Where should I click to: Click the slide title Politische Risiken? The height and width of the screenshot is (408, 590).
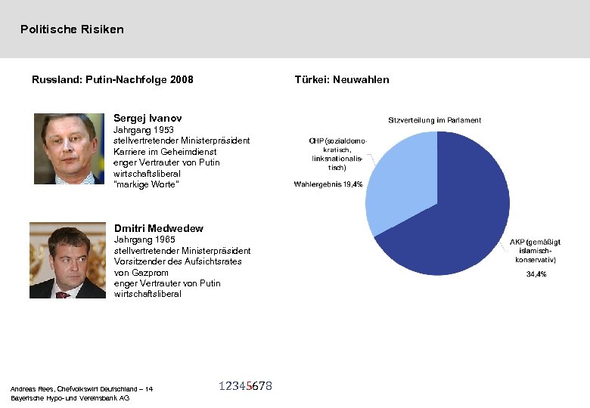tap(72, 29)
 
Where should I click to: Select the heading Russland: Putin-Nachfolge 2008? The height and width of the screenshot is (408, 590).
tap(112, 79)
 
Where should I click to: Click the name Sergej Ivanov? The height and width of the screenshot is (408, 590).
tap(147, 118)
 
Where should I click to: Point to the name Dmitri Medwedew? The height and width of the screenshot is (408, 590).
tap(158, 228)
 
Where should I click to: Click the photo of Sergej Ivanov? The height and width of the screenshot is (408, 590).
tap(69, 149)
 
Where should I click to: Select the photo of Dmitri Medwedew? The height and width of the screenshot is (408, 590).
tap(67, 260)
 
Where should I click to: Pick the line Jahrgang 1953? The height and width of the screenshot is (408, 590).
tap(144, 129)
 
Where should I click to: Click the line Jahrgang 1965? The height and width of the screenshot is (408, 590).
tap(144, 240)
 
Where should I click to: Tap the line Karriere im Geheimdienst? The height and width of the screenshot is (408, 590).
tap(164, 152)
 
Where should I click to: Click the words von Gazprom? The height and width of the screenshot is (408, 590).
tap(140, 272)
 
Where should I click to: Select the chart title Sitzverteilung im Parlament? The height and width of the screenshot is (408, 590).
tap(434, 120)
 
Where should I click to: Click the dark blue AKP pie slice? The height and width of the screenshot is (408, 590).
tap(461, 219)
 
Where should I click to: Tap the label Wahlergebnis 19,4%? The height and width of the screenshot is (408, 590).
tap(328, 184)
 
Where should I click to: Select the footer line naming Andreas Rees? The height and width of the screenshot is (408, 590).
tap(81, 388)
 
